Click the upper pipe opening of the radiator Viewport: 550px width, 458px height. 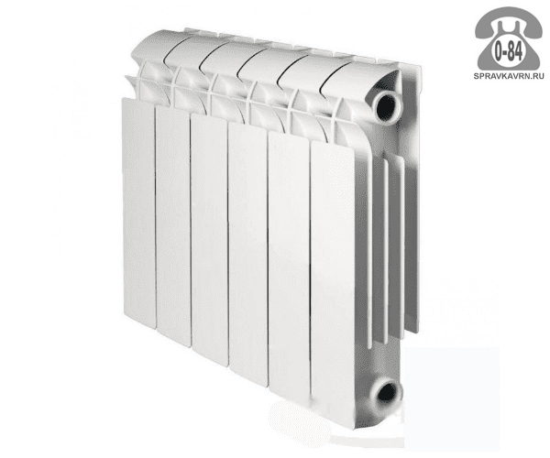[387, 106]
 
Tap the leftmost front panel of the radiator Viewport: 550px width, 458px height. [139, 209]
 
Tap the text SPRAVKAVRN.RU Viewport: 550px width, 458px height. [509, 76]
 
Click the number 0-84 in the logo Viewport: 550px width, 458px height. [508, 52]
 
